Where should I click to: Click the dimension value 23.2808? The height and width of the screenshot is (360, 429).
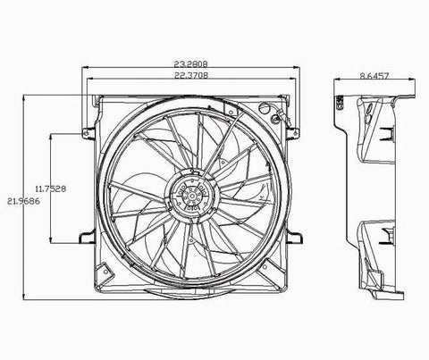tap(190, 63)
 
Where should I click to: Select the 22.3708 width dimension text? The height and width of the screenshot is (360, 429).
tap(191, 75)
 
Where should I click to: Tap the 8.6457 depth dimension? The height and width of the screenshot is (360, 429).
tap(374, 76)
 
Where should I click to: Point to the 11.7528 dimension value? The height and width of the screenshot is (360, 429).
tap(51, 188)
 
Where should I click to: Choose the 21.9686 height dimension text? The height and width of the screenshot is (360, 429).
tap(23, 201)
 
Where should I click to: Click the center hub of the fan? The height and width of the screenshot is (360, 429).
tap(192, 196)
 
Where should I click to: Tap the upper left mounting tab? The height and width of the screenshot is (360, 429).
tap(88, 133)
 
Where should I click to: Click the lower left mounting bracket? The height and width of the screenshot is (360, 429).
tap(87, 238)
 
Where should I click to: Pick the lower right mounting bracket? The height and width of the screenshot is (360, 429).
tap(295, 238)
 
